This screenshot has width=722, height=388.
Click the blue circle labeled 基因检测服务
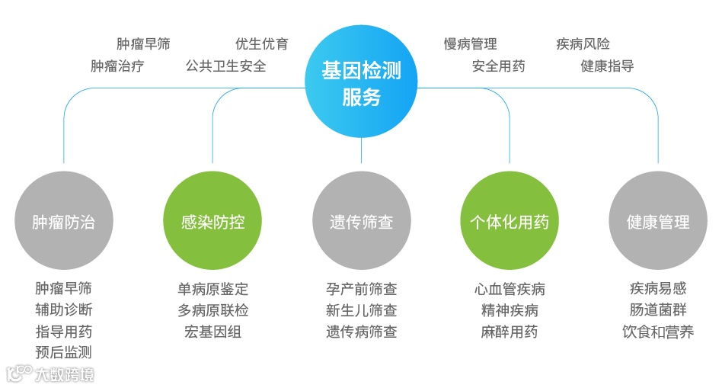[x=361, y=82]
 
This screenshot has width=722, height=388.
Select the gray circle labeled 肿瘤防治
[x=64, y=223]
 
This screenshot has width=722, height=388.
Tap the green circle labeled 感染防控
[x=212, y=223]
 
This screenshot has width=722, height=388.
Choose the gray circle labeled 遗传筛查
[x=361, y=223]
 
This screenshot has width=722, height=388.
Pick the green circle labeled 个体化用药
[x=510, y=223]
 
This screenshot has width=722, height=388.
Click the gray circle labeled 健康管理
[x=658, y=223]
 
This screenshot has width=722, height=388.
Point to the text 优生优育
[x=262, y=44]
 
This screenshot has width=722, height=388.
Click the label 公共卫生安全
[x=226, y=66]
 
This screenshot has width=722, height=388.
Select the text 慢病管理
[x=471, y=44]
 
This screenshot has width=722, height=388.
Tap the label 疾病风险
[x=583, y=44]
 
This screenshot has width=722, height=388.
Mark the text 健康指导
[x=607, y=66]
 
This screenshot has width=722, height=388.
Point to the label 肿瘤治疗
[x=117, y=66]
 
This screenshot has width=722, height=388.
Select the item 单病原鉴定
[x=213, y=290]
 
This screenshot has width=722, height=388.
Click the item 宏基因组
[x=213, y=332]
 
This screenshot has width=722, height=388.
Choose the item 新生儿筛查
[x=362, y=311]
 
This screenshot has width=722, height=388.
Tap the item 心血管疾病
[x=510, y=290]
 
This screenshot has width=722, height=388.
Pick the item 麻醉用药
[x=510, y=332]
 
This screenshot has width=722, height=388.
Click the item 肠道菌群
[x=658, y=311]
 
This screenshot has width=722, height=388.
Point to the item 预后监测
[x=64, y=353]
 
